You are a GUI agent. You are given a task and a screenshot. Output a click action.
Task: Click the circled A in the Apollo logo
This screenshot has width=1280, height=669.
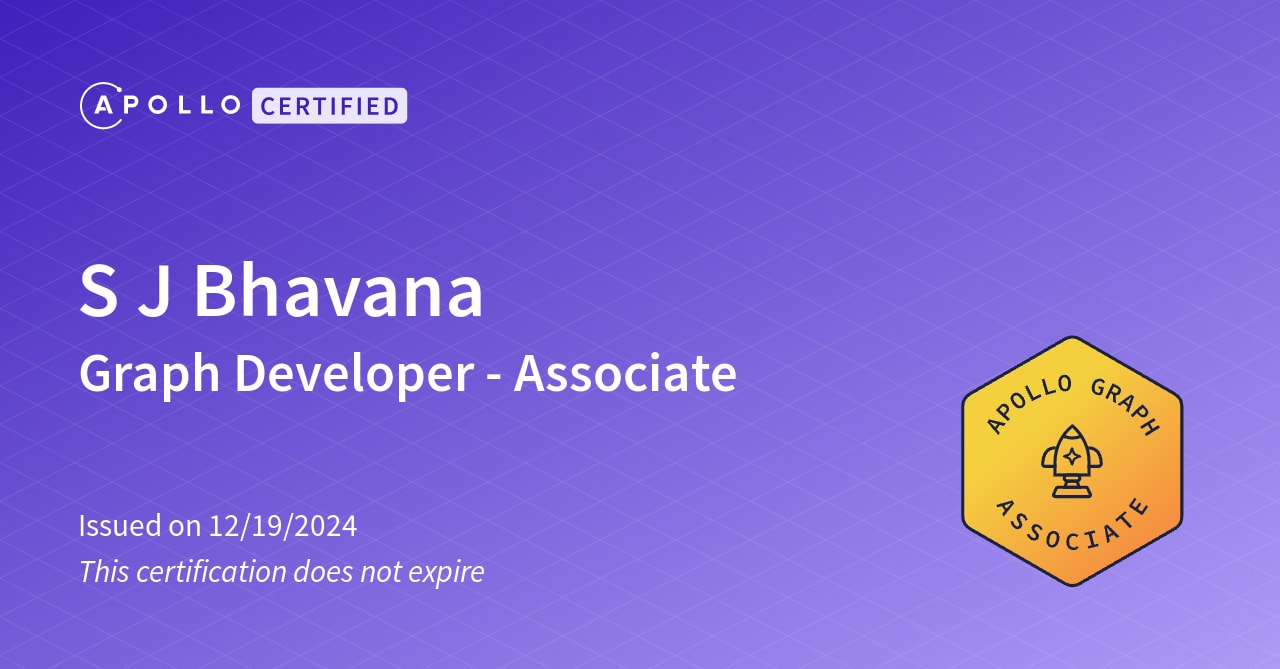tap(101, 106)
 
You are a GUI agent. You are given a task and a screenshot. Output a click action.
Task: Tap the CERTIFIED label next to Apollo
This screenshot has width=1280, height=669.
tap(329, 106)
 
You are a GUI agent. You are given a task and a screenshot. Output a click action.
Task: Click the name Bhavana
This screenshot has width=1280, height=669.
tap(338, 292)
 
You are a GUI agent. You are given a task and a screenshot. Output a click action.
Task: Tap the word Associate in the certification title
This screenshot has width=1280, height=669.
tap(625, 374)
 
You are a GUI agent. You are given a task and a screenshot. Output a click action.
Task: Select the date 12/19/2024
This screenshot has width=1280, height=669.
tap(282, 526)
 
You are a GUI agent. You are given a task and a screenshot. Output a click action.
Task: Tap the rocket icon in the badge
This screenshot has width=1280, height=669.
tap(1071, 463)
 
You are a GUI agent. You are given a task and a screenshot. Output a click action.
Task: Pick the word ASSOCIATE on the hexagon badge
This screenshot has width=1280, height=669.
tap(1072, 528)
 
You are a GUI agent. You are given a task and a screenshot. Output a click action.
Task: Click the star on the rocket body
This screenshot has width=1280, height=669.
tap(1071, 456)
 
